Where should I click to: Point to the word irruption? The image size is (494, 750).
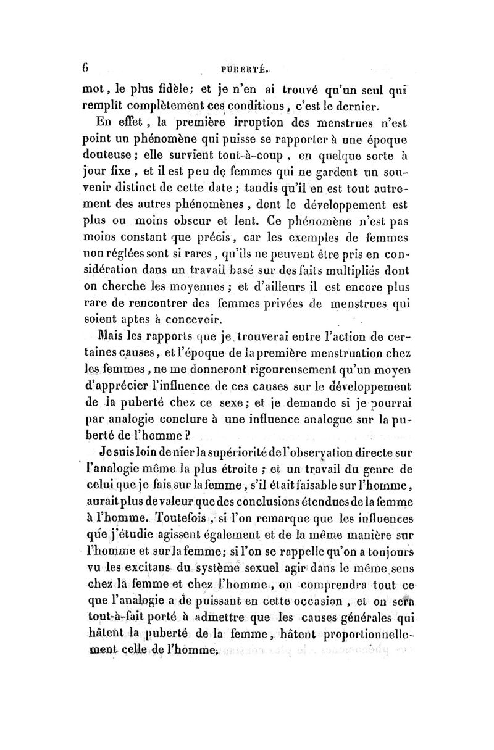point(230,122)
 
